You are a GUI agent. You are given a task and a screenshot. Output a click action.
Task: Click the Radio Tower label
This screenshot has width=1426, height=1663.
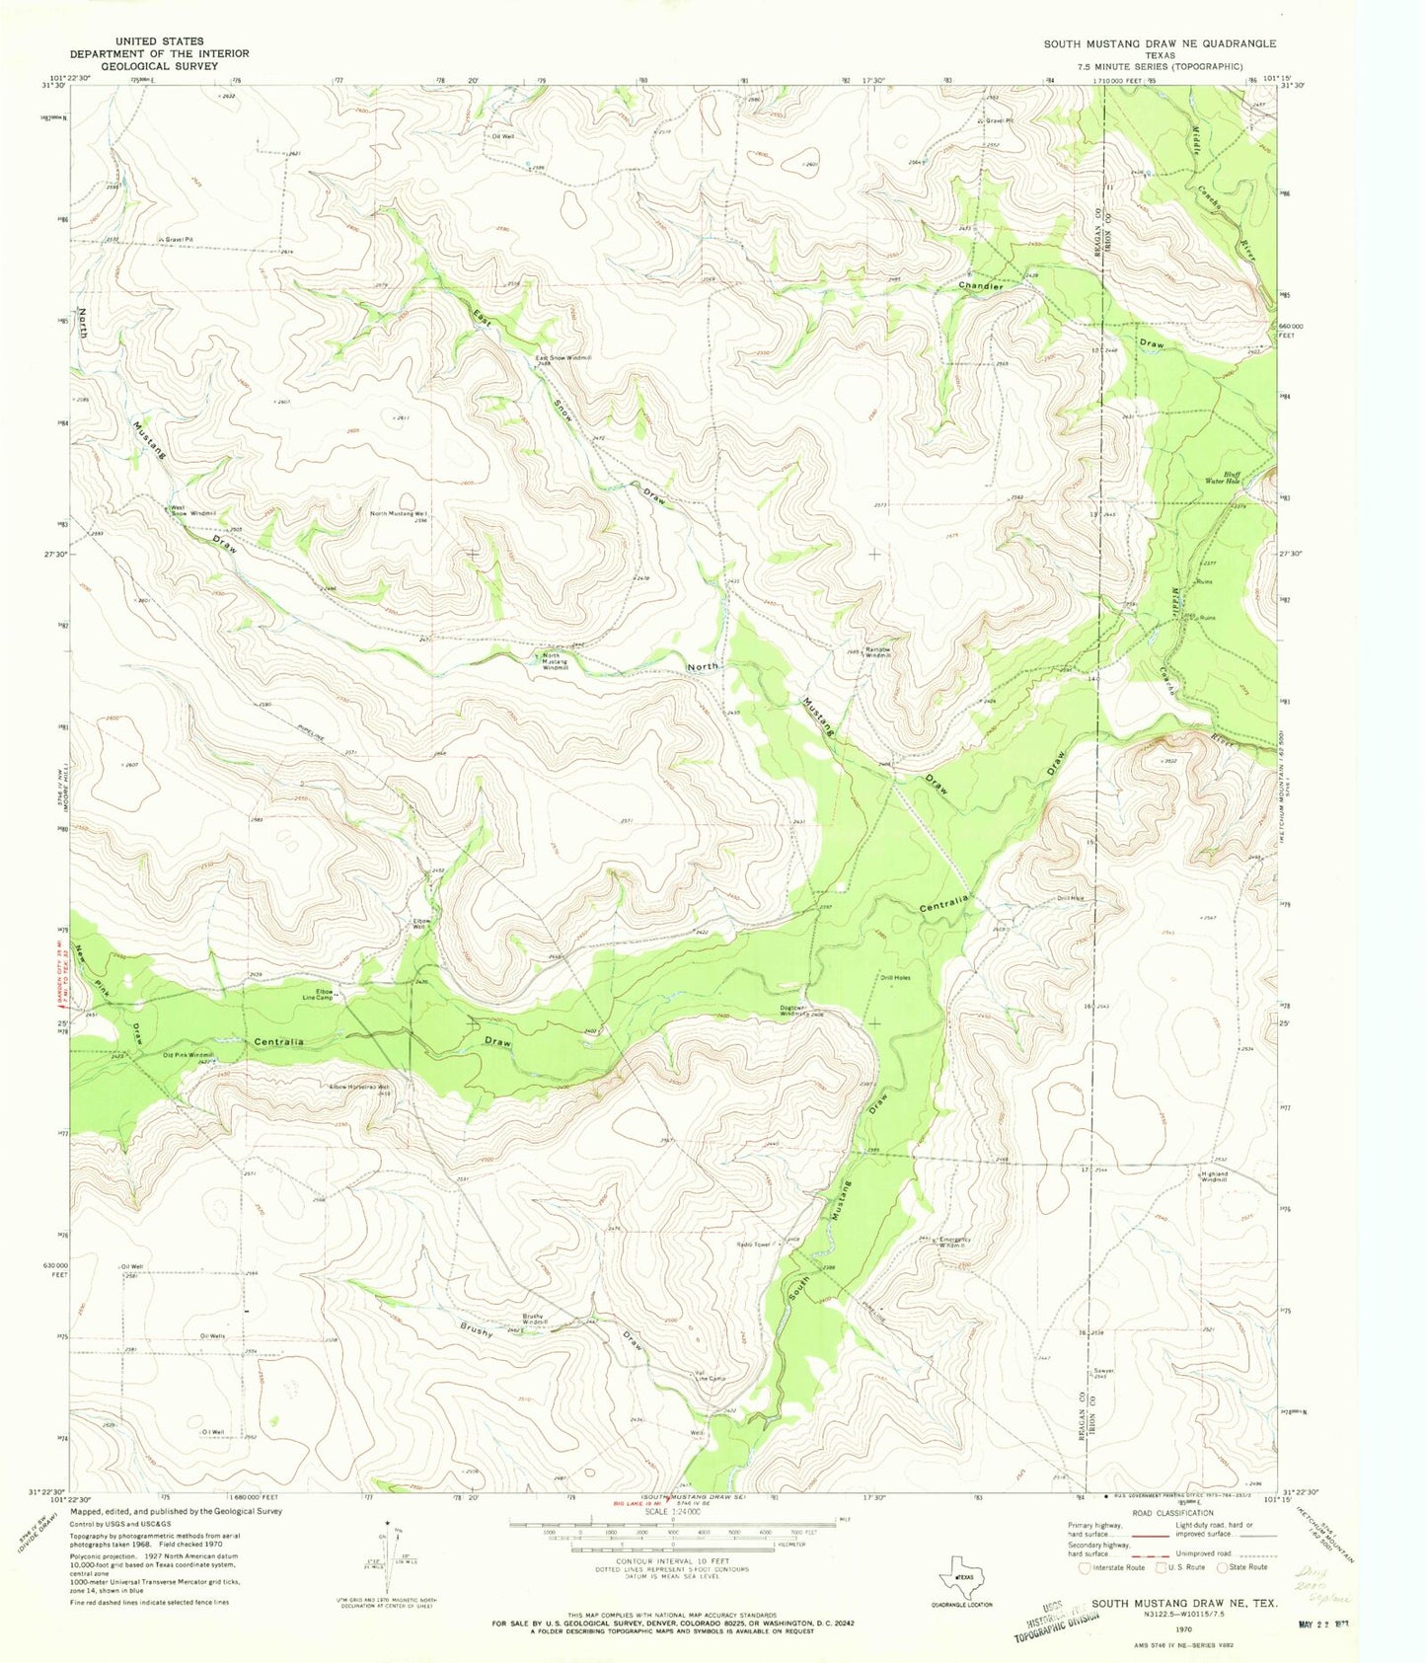pos(755,1245)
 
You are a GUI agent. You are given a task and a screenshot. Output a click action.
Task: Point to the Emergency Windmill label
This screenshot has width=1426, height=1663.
pos(954,1243)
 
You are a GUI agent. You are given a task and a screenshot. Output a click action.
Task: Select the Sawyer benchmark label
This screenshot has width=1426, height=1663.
pos(1103,1372)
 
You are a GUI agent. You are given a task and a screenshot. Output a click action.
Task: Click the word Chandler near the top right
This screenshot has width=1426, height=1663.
pos(982,286)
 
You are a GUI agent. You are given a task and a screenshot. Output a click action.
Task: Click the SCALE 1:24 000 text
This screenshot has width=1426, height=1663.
pos(672,1511)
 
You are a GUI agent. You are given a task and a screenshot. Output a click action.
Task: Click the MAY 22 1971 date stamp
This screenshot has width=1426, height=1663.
pos(1347,1616)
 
